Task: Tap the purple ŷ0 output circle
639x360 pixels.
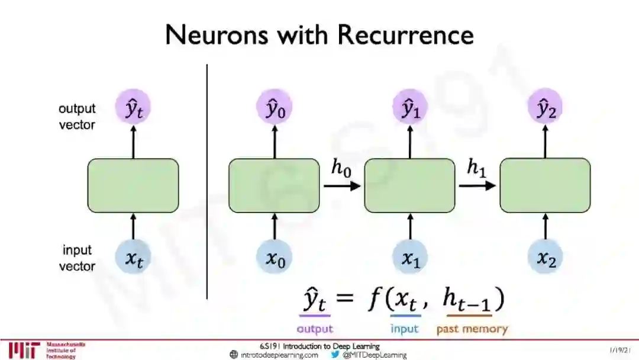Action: coord(273,109)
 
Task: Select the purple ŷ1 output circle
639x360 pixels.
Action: coord(409,109)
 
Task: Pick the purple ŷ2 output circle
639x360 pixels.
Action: coord(545,109)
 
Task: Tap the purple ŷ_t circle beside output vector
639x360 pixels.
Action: coord(133,109)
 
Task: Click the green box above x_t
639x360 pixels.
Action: coord(133,185)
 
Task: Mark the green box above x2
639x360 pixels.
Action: coord(545,185)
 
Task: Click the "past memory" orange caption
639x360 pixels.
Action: coord(472,329)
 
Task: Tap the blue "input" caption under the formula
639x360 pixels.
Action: coord(405,329)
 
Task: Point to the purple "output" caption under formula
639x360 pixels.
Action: coord(315,329)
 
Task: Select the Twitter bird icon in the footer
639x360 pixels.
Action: coord(335,355)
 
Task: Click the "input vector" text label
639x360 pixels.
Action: coord(77,259)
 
